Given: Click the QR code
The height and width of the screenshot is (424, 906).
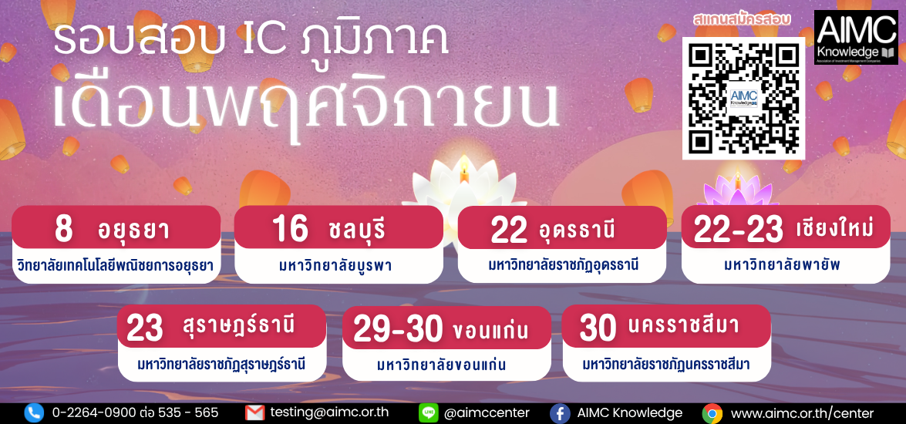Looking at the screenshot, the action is (x=743, y=98).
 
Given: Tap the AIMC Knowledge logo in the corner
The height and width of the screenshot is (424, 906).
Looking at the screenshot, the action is (x=856, y=37).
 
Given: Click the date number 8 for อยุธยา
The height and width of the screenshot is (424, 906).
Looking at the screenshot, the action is (x=63, y=229).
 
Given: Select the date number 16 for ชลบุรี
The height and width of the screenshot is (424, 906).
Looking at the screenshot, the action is (x=289, y=229).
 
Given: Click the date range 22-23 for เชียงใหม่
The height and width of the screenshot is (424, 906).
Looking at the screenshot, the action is (x=738, y=229).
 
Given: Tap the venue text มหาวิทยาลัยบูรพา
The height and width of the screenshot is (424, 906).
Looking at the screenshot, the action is (x=338, y=266).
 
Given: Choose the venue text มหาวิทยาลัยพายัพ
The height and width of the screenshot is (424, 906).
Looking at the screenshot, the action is (x=786, y=265).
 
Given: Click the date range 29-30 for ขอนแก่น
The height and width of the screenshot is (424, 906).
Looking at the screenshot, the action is (x=398, y=329).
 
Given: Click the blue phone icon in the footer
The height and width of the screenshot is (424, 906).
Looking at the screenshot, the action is (x=34, y=413).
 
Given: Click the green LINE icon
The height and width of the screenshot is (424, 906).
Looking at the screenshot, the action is (x=428, y=413).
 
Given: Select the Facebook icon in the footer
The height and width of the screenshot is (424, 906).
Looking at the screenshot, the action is (x=559, y=413).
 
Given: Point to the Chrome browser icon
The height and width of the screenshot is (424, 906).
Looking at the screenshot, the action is (x=712, y=413).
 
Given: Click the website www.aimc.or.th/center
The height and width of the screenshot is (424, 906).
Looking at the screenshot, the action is (x=802, y=414).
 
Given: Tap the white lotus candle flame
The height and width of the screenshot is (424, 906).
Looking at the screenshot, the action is (x=464, y=171).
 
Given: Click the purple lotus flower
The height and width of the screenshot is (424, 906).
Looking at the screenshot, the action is (x=737, y=190).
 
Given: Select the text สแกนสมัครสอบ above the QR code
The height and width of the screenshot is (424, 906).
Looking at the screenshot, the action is (x=741, y=19).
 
